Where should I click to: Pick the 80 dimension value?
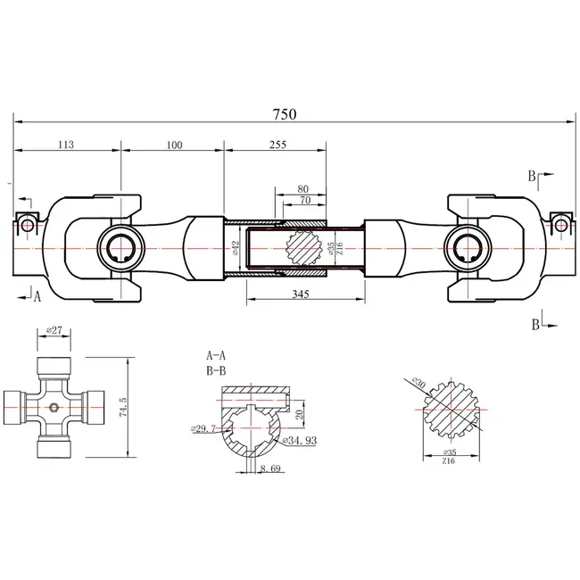[302, 189]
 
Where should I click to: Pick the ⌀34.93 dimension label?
[299, 440]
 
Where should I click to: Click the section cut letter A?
[38, 299]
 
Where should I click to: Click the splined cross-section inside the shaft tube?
[302, 246]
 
